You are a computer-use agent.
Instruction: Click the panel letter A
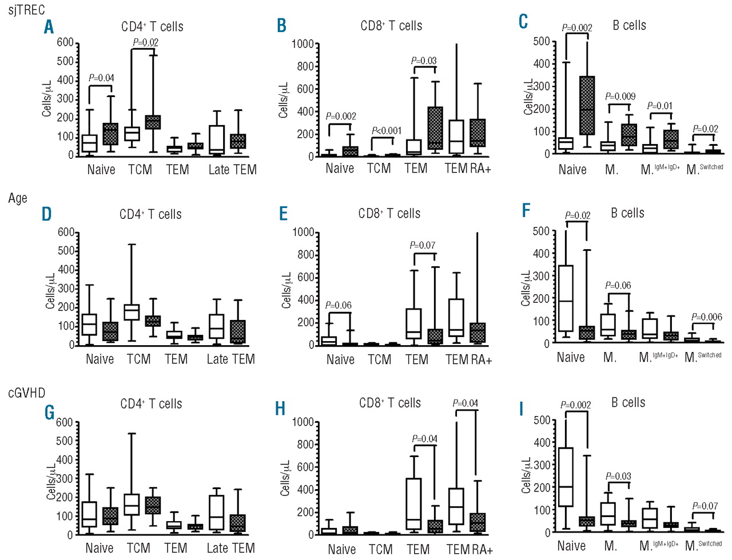click(x=49, y=27)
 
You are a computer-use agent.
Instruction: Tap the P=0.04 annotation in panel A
click(x=101, y=78)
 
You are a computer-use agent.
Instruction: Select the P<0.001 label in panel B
click(x=387, y=131)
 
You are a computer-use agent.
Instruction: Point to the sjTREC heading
click(x=27, y=10)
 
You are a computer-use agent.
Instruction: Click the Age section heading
click(x=18, y=198)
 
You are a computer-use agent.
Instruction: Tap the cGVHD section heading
click(x=26, y=393)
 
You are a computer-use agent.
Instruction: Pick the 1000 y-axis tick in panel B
click(x=303, y=45)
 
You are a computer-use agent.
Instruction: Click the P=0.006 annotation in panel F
click(x=706, y=317)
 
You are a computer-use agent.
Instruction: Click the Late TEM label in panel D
click(x=230, y=359)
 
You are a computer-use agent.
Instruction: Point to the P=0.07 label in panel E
click(x=423, y=245)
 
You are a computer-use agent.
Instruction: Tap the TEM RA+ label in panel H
click(x=469, y=549)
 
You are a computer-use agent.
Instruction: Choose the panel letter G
click(x=49, y=412)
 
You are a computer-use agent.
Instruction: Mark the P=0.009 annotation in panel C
click(x=620, y=97)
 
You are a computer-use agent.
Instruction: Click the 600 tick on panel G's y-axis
click(x=64, y=422)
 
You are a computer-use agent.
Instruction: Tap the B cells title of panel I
click(x=628, y=402)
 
